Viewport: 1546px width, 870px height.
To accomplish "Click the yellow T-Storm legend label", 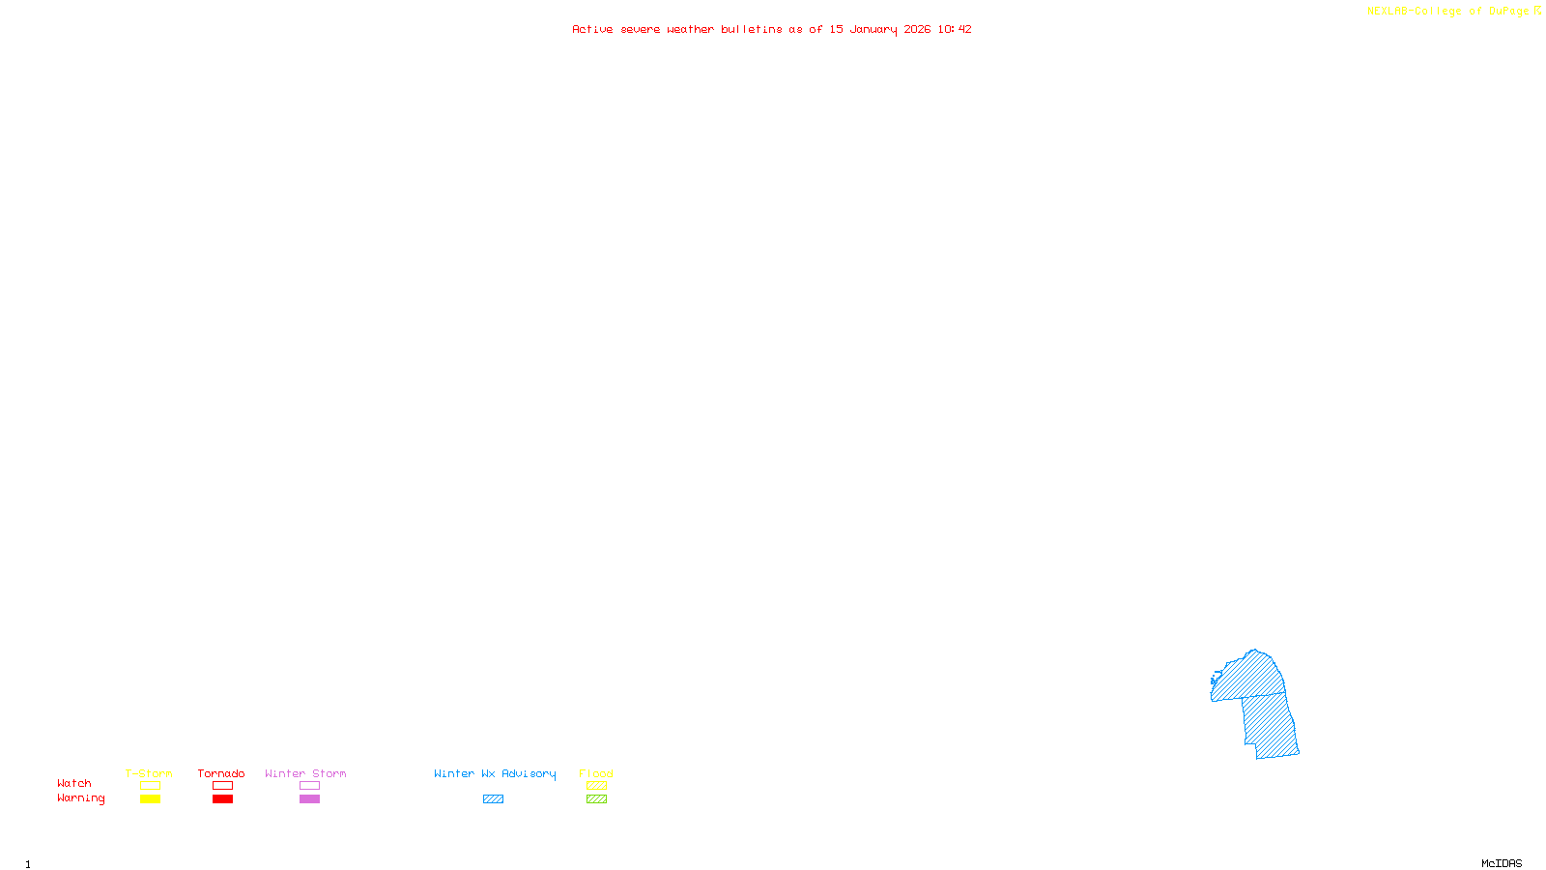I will [149, 773].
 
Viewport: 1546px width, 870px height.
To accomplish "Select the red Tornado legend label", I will [221, 773].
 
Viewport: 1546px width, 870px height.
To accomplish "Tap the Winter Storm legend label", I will [305, 773].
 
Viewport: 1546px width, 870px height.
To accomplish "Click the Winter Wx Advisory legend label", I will [495, 773].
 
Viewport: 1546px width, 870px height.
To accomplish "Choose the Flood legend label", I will [596, 773].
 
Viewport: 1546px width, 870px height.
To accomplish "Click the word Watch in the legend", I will [74, 783].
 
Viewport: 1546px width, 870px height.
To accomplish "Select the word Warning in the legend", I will [81, 798].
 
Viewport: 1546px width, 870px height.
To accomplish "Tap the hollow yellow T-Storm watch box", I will [150, 786].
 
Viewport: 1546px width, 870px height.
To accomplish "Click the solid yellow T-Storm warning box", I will [150, 799].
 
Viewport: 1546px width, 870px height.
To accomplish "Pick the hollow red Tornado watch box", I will [222, 786].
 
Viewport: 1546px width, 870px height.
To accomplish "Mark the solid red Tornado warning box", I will [222, 799].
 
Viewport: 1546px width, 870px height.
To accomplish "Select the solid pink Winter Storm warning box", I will [309, 799].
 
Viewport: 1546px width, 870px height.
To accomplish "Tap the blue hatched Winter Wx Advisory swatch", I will [493, 799].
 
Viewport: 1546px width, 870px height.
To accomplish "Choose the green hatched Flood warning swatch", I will [596, 799].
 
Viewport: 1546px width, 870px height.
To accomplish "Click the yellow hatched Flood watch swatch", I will [596, 786].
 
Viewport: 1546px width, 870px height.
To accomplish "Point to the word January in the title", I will [873, 29].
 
